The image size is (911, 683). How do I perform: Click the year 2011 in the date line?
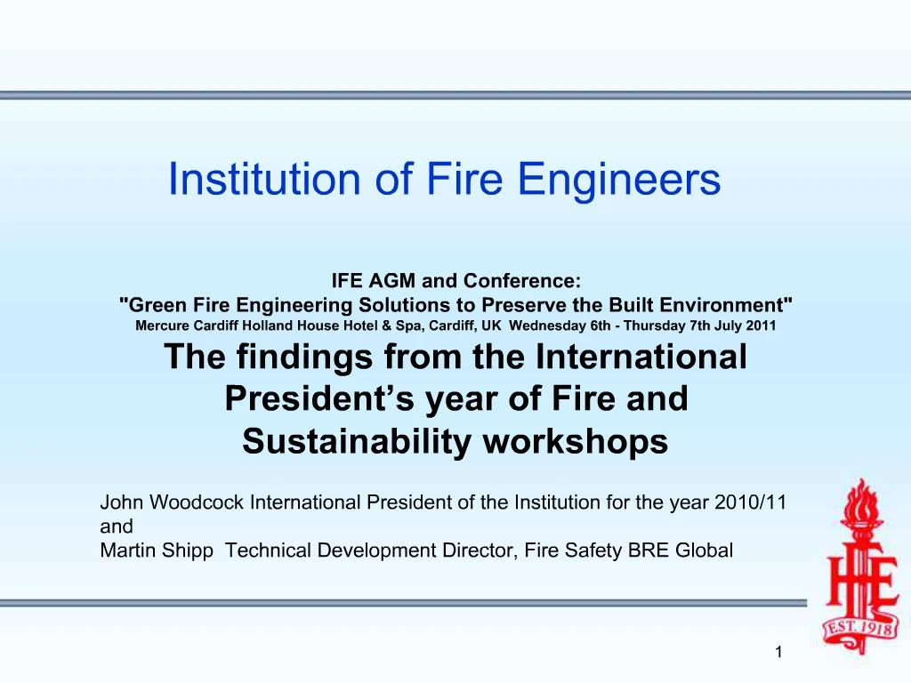tap(761, 325)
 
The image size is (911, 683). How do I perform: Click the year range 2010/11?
tap(753, 502)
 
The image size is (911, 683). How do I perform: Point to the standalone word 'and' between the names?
tap(116, 526)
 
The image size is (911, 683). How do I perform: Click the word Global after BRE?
tap(705, 550)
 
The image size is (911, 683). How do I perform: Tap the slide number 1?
tap(778, 654)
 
